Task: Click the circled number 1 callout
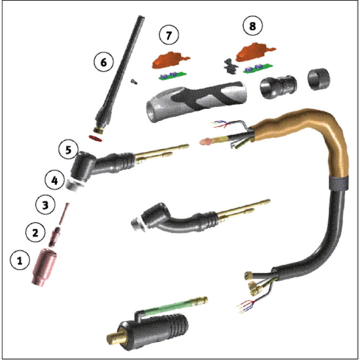(20, 262)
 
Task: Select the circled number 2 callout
(35, 232)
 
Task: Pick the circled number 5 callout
(67, 150)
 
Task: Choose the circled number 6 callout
(103, 61)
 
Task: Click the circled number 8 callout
(253, 26)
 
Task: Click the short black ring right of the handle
(319, 79)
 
